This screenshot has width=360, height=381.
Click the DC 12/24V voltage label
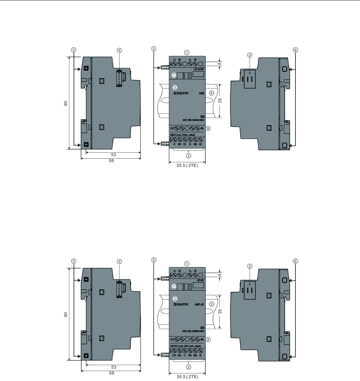[x=199, y=68]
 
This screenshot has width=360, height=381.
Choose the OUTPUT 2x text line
[x=185, y=346]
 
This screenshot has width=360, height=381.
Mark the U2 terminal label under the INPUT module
[x=200, y=144]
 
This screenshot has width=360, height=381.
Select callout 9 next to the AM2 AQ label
[x=211, y=304]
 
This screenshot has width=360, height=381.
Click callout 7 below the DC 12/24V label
[x=174, y=75]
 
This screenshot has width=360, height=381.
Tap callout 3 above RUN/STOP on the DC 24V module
[x=175, y=299]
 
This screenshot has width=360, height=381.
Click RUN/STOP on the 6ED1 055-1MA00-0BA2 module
[x=181, y=93]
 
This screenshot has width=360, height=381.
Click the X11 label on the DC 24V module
[x=172, y=340]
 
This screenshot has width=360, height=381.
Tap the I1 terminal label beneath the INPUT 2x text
[x=174, y=144]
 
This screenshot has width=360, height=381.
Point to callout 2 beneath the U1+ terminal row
[x=188, y=367]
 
